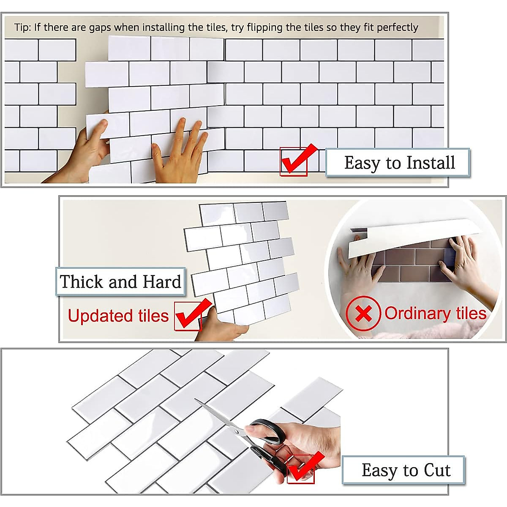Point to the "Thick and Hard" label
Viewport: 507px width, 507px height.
click(x=120, y=281)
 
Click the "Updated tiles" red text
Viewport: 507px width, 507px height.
click(x=118, y=316)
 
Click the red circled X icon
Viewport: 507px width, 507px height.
click(x=363, y=314)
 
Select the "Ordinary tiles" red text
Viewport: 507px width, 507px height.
click(x=435, y=313)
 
